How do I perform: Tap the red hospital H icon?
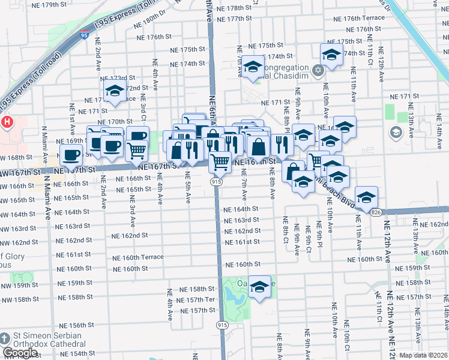[7, 122]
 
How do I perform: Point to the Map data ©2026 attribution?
[423, 355]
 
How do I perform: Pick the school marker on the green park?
[259, 287]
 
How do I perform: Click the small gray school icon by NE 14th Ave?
[396, 133]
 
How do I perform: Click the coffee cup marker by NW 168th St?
[71, 155]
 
